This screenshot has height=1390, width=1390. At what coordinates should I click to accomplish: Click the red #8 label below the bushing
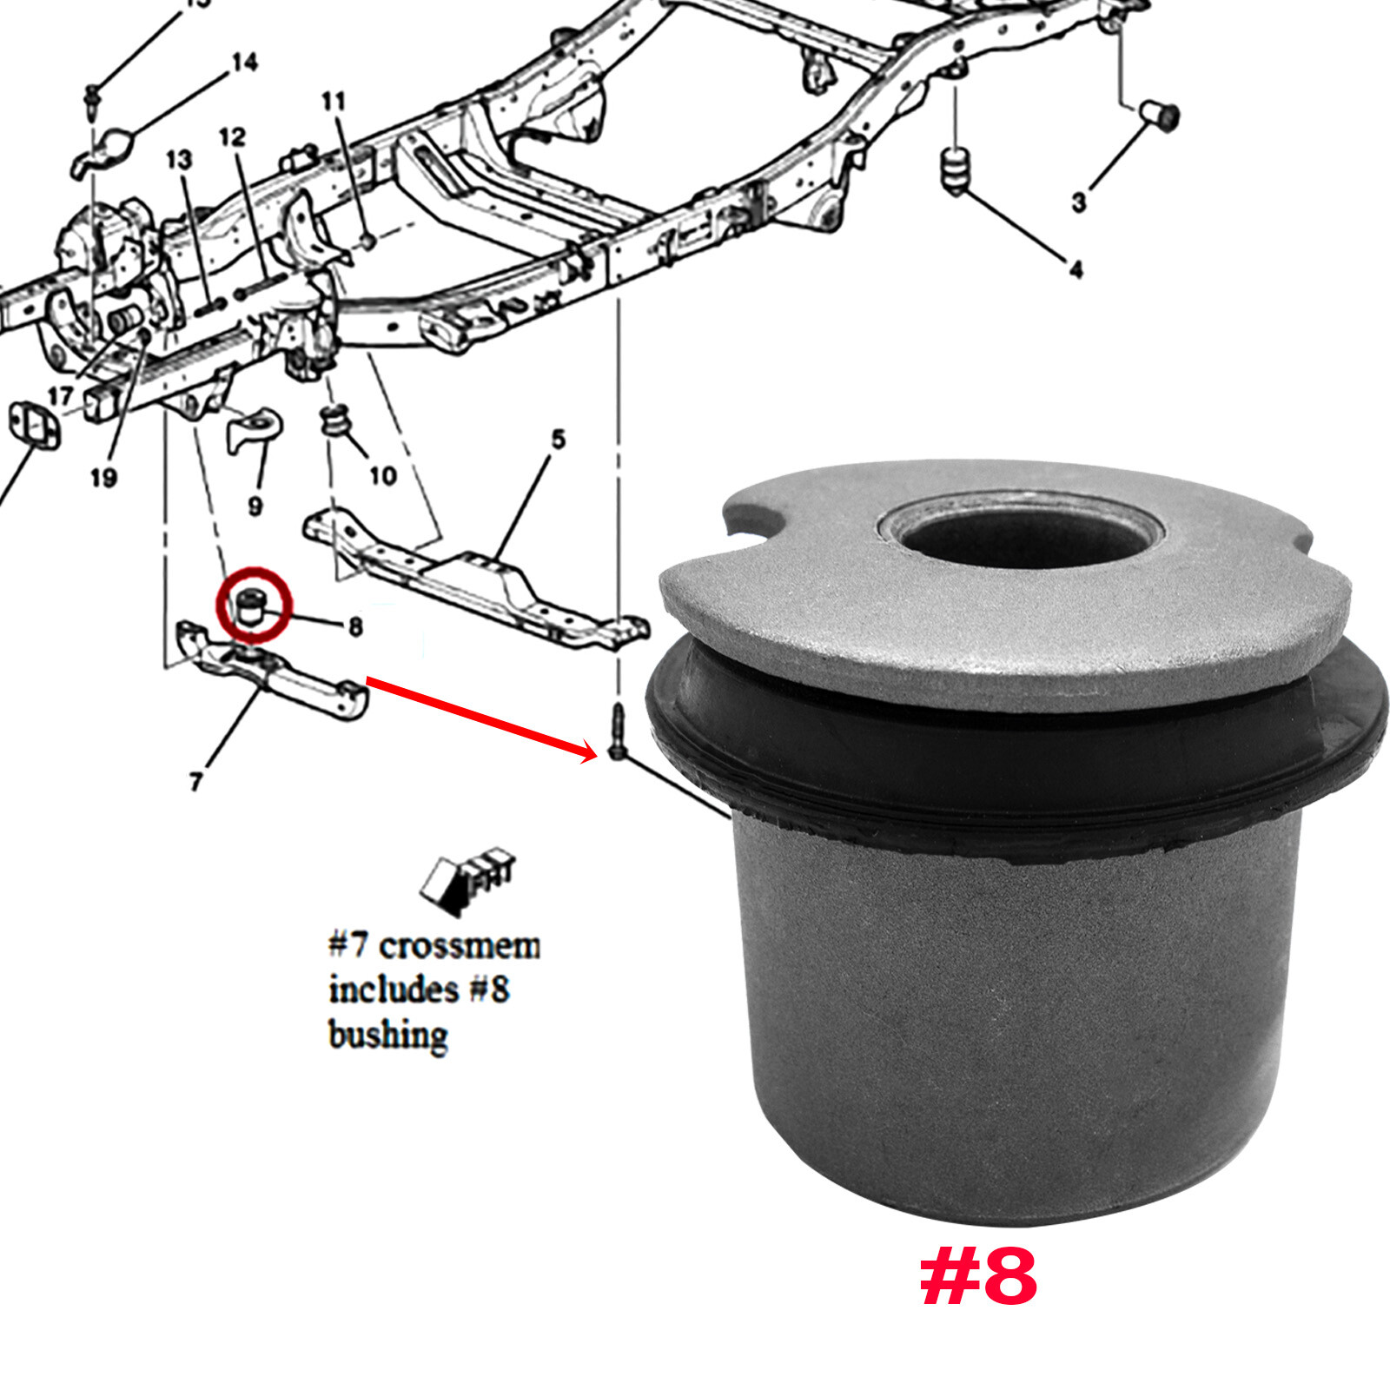coord(978,1278)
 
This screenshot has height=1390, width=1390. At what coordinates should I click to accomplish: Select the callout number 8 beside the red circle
coord(354,626)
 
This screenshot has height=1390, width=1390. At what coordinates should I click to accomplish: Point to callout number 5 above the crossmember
coord(558,440)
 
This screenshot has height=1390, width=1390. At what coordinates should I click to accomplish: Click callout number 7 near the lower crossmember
coord(195,782)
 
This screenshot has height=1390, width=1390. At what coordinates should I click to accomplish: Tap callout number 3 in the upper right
coord(1078,202)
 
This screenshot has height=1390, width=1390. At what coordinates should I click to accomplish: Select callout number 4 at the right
coord(1076,270)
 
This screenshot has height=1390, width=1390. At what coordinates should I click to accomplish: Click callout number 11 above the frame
coord(334,102)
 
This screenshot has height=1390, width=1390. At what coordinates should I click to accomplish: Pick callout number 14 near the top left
coord(244,63)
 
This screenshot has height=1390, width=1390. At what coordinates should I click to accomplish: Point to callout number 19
coord(103,477)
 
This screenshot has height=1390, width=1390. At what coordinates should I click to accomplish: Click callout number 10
coord(382,475)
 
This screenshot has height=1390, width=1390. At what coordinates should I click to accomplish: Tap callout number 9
coord(255,506)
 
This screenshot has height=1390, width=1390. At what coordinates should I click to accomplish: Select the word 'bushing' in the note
coord(387,1036)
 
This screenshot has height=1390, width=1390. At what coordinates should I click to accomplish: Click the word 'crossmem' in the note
coord(459,945)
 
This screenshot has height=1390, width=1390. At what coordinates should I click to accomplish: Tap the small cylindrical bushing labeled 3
coord(1161,114)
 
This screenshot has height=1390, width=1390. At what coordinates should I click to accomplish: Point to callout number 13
coord(178,160)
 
